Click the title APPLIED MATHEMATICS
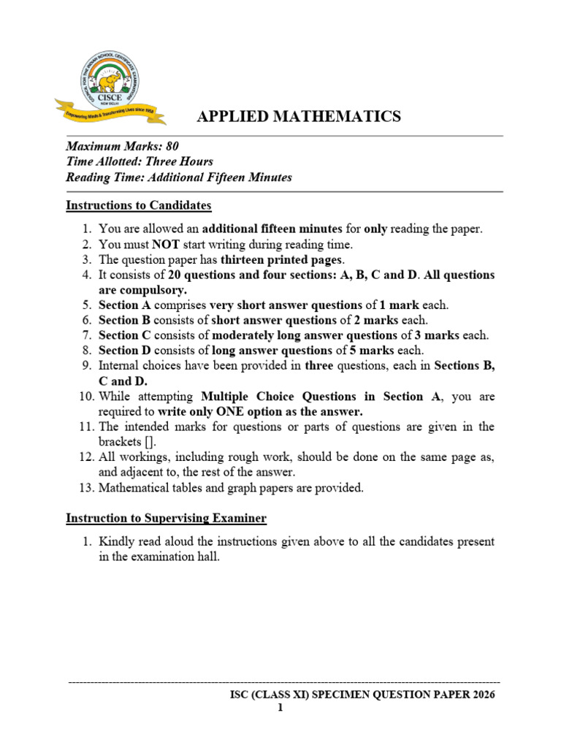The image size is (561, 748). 299,116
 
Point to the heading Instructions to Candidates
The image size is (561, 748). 139,205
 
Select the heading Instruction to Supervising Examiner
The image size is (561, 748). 166,519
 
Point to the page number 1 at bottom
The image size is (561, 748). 280,708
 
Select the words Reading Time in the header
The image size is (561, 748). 99,178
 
